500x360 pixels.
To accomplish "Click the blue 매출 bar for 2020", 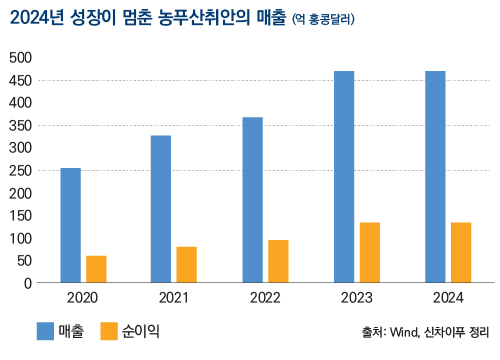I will [71, 225].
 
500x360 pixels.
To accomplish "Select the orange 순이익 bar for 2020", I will [96, 269].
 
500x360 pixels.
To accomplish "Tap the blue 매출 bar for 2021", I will [161, 209].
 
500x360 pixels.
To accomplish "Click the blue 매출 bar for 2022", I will [252, 200].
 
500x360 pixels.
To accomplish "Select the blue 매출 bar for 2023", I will [344, 177].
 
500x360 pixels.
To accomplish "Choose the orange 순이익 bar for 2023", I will [370, 252].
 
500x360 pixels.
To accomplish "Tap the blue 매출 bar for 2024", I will [435, 177].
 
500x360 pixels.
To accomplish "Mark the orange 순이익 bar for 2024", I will [461, 252].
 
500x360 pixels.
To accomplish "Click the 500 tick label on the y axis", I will [20, 57].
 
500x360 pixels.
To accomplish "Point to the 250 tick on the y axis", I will [20, 170].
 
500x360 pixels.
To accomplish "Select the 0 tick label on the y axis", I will [29, 283].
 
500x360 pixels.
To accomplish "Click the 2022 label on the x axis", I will [265, 298].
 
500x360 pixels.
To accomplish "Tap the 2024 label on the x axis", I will [448, 298].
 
